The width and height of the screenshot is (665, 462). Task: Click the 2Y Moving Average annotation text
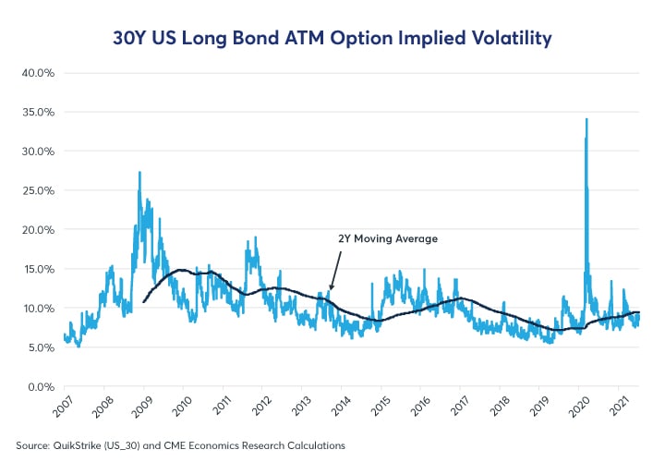pyautogui.click(x=385, y=238)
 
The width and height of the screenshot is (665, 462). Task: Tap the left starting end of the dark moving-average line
pyautogui.click(x=143, y=302)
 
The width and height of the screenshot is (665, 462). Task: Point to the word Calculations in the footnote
pyautogui.click(x=313, y=445)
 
